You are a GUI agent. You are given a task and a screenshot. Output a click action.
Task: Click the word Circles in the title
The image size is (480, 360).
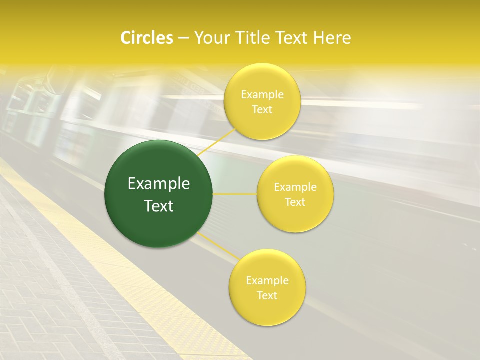pos(147,38)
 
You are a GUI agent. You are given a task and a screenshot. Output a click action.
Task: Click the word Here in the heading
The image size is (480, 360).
pos(332,38)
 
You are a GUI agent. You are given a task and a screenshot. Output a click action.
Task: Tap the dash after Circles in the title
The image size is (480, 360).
pos(183,38)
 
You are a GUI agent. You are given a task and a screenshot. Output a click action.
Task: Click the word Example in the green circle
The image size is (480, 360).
pos(159,184)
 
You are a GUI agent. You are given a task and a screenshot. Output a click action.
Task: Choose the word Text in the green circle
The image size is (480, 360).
pos(159,206)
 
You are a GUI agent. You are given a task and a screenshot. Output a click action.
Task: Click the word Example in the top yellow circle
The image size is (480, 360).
pos(262,95)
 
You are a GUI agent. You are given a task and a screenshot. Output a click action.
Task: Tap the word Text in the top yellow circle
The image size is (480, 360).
pos(262,110)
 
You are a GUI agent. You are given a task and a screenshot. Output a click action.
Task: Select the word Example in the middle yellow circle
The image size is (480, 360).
pos(295,187)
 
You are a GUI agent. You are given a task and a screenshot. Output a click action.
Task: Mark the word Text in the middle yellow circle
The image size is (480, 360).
pos(295,202)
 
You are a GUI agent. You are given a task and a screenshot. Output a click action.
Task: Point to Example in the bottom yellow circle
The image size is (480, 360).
pos(267,281)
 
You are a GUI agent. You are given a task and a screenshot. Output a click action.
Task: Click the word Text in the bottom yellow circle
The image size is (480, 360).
pos(267,296)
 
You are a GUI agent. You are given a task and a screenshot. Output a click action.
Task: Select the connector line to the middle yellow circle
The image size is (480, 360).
pos(235,194)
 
